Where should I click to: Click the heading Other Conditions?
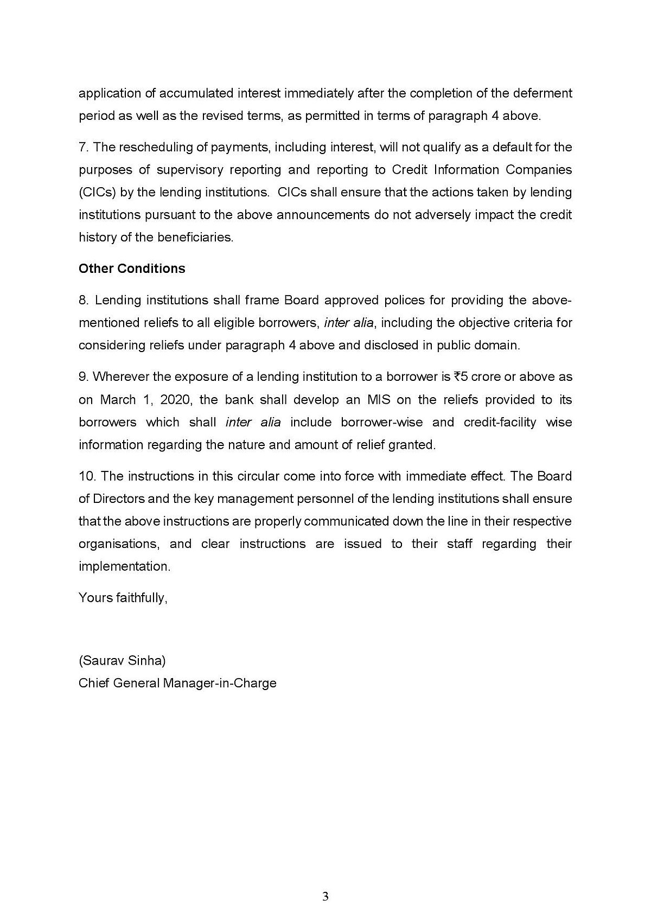coord(132,269)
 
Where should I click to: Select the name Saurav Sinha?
coord(122,661)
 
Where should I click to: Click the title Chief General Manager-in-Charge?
coord(177,683)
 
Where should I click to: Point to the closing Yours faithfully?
coord(123,598)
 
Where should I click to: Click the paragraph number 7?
coord(83,148)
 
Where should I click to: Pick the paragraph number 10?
coord(86,476)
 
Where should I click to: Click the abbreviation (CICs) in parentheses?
coord(97,193)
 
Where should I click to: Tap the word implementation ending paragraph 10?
coord(124,566)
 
